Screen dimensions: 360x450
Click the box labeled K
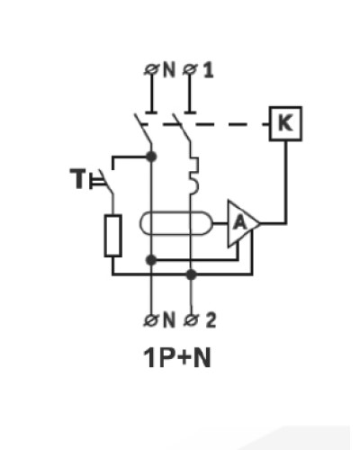point(285,123)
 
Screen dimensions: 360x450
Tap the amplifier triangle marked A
point(242,223)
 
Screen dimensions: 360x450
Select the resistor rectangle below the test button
point(113,236)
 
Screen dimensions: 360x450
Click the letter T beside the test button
point(77,178)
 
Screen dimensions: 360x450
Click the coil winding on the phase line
point(193,174)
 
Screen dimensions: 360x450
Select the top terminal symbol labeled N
point(148,69)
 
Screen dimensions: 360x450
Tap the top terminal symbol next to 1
point(188,69)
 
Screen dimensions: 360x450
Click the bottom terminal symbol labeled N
point(149,320)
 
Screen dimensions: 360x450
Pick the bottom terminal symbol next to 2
point(189,320)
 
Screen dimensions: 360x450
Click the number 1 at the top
point(208,71)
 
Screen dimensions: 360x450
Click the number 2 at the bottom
point(211,319)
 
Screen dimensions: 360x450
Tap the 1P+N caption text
point(177,357)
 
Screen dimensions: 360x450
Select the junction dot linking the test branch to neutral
point(151,157)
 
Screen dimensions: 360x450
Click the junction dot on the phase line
point(191,274)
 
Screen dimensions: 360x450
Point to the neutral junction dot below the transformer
point(151,260)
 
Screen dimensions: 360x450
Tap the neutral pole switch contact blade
point(143,130)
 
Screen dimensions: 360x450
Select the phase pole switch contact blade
point(181,130)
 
